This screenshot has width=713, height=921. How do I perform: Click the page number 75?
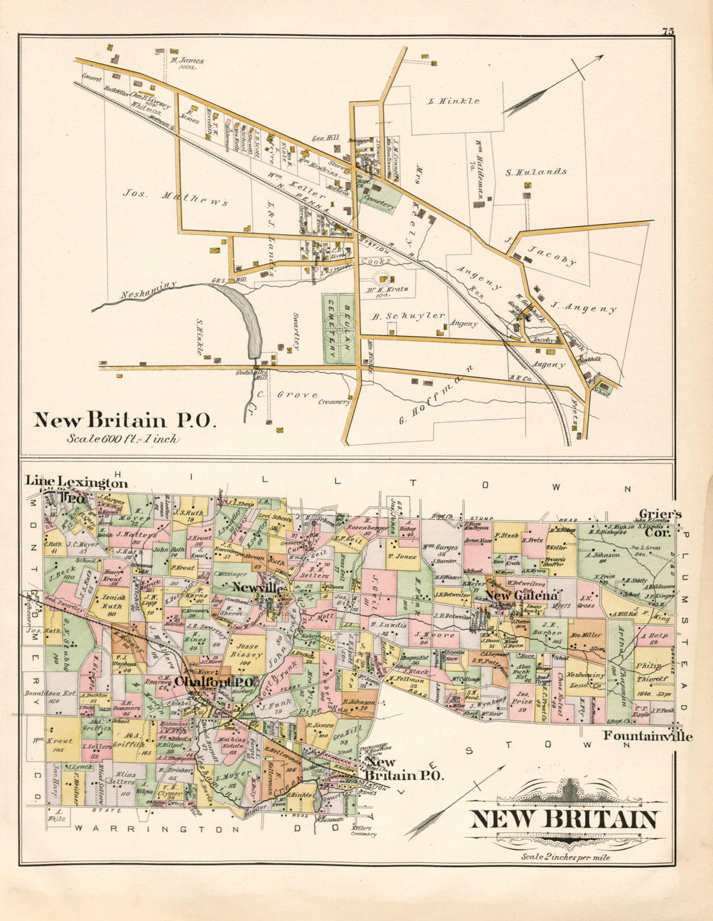point(668,30)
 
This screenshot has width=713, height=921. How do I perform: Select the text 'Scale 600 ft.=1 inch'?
point(123,438)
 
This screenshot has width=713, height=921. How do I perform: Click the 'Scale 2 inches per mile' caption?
point(565,856)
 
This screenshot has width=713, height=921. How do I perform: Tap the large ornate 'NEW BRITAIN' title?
point(564,820)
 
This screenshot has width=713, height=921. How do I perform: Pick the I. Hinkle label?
point(454,101)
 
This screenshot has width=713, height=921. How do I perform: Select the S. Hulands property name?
point(536,172)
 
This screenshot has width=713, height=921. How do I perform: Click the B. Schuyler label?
point(408,316)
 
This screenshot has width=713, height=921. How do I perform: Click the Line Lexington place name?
point(76,482)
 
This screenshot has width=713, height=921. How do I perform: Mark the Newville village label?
point(257,588)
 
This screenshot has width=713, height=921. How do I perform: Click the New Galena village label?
point(521,595)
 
